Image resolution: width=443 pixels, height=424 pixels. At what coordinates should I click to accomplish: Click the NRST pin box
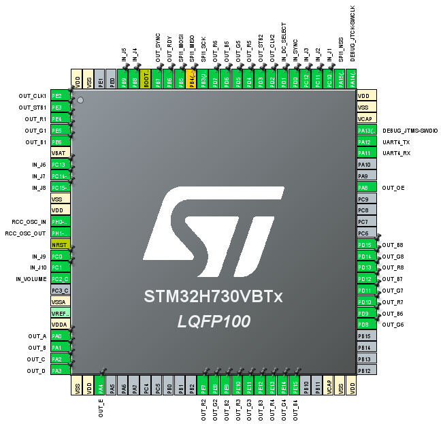61,244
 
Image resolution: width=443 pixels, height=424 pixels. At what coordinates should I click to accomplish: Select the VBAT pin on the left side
61,153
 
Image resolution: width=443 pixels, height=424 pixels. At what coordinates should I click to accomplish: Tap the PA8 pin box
367,187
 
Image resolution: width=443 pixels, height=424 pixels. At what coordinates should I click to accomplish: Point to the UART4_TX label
396,142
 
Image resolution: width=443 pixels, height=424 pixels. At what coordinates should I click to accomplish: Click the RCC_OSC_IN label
29,222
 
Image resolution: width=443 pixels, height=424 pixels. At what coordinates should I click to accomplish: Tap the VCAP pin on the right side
367,118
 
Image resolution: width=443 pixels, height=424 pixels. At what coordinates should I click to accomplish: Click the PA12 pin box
367,142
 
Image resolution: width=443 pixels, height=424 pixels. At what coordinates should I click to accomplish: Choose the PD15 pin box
367,244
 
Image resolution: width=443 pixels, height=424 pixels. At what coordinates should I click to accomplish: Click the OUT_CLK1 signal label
32,96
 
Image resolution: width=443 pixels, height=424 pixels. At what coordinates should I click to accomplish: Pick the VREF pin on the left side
61,313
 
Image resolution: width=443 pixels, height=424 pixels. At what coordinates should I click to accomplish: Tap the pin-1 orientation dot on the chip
81,100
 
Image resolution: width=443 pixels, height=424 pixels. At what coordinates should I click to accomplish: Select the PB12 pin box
367,370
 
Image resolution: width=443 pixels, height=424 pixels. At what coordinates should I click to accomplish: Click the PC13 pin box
61,165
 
